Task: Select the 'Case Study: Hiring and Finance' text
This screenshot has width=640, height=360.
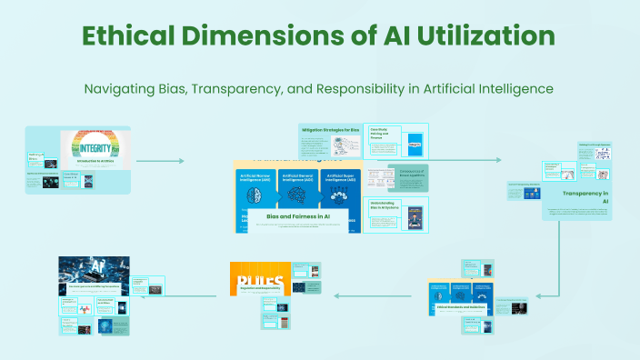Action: point(379,135)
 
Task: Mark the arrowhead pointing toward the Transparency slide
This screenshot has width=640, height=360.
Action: point(497,160)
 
